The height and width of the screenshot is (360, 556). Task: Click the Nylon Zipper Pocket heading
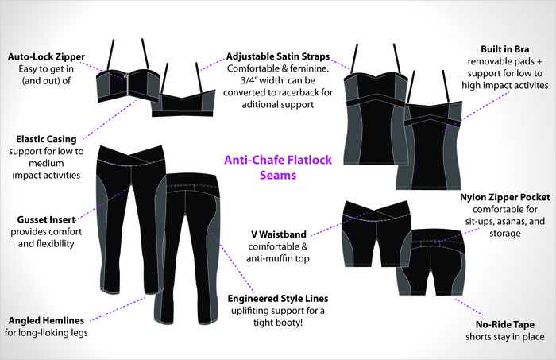(x=496, y=196)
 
